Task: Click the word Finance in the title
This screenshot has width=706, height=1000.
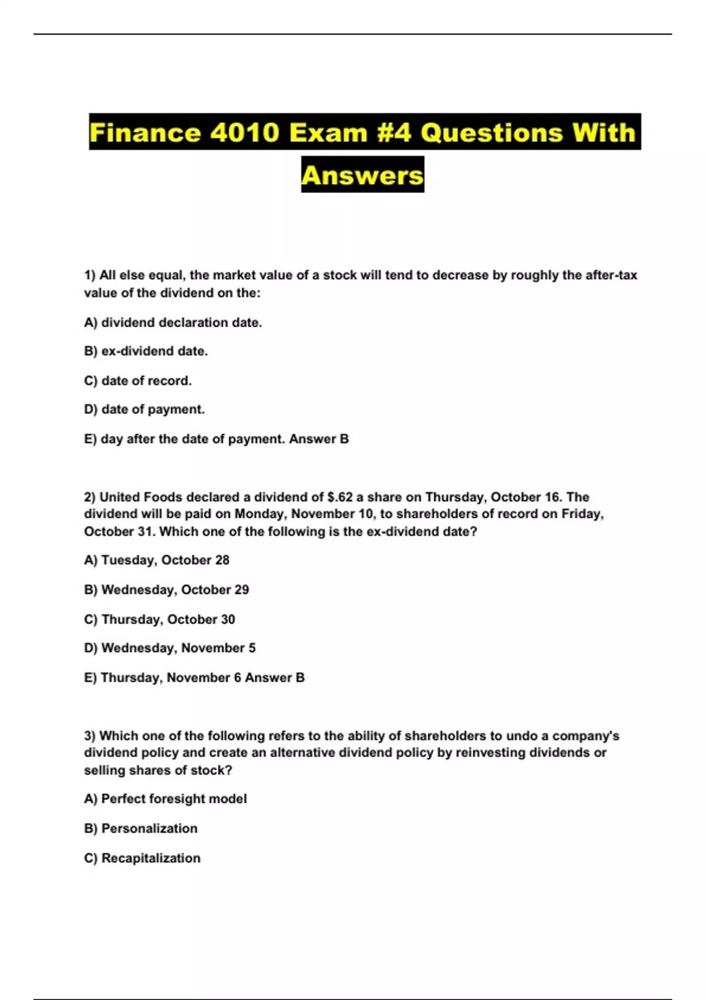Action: pos(144,132)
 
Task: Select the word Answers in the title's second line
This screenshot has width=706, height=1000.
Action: pos(362,175)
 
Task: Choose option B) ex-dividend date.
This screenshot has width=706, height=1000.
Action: pos(146,351)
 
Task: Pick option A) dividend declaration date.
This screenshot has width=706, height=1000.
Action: pos(173,322)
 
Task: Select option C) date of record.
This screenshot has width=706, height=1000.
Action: pos(138,381)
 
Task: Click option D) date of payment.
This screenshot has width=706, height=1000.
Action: pos(144,409)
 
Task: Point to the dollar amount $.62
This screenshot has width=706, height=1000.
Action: pos(339,497)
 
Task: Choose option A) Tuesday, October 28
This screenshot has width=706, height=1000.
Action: pos(156,560)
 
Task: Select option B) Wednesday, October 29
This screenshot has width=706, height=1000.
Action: pos(166,589)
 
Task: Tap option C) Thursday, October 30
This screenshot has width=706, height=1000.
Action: pos(159,619)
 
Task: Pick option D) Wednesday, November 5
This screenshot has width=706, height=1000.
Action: pos(169,648)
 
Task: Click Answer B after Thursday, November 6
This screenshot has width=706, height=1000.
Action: pos(275,678)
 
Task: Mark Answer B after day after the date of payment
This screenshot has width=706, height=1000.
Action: pos(319,439)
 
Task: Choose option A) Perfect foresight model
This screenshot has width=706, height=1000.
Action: pos(165,799)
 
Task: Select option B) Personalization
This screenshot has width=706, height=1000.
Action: pos(141,828)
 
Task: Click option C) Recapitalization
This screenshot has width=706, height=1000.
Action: pos(142,858)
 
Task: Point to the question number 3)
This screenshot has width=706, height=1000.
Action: pos(90,736)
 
